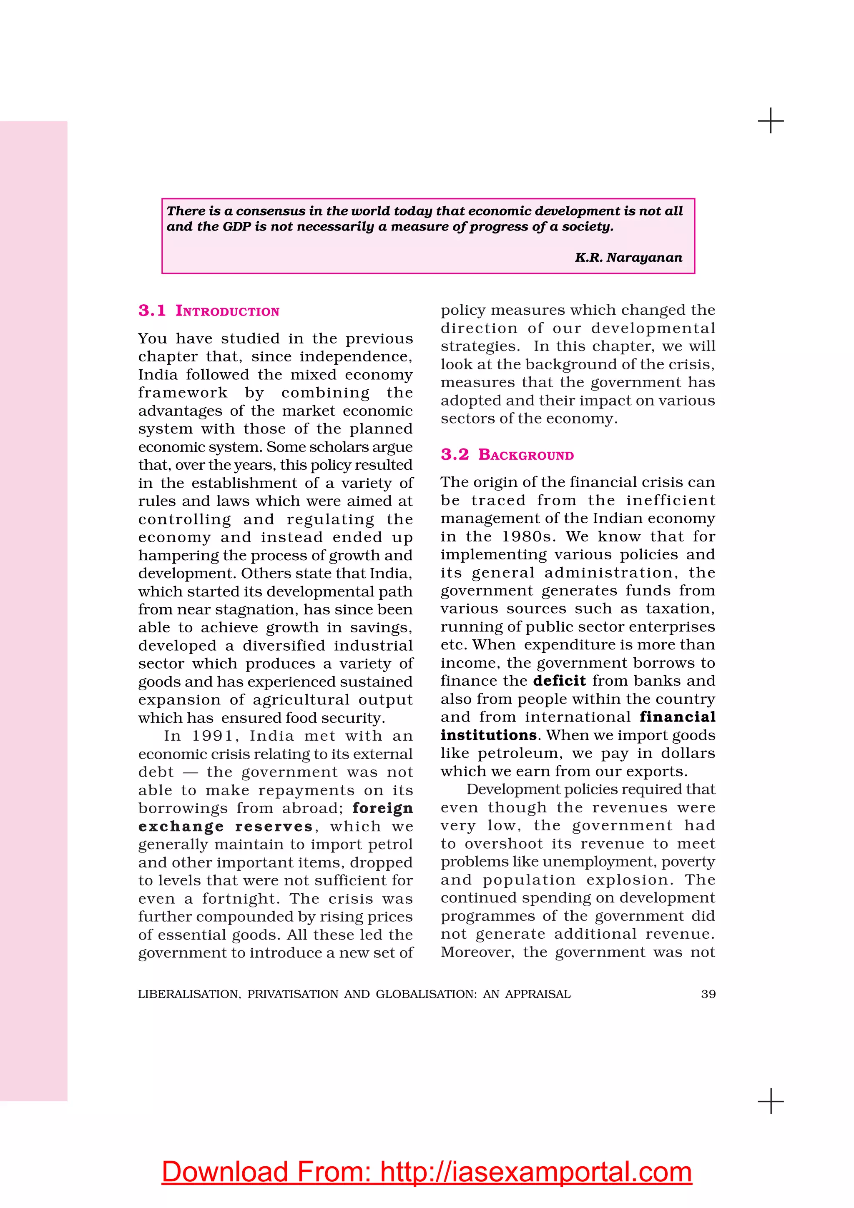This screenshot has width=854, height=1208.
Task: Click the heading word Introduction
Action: [x=227, y=311]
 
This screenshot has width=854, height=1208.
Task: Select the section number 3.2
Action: [x=455, y=455]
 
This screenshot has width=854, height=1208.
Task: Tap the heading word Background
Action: [x=526, y=455]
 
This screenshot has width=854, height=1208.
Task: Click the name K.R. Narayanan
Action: [x=628, y=258]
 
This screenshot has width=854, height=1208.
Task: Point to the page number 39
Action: [x=708, y=994]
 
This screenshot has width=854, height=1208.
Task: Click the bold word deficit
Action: [x=559, y=681]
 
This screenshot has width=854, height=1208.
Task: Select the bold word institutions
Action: [x=488, y=735]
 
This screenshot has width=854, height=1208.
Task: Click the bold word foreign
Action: [x=382, y=808]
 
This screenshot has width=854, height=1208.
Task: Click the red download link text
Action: [x=427, y=1172]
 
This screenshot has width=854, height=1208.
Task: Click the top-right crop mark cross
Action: [x=771, y=121]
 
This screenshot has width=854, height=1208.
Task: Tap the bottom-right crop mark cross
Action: [x=771, y=1101]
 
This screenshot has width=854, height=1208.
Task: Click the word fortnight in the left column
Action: [x=241, y=899]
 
